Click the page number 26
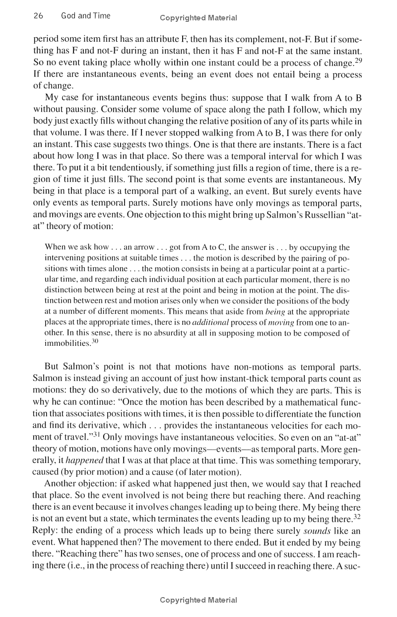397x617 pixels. click(x=38, y=16)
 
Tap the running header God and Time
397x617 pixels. click(x=85, y=16)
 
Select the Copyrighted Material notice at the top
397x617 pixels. click(x=198, y=18)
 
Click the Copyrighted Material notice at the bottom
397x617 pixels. click(x=198, y=600)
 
